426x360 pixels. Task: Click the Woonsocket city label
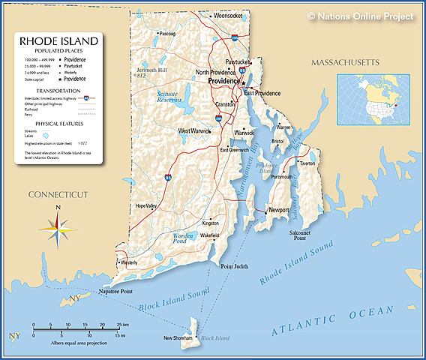pos(228,15)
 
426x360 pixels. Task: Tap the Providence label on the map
pos(224,80)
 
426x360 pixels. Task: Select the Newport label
pos(278,211)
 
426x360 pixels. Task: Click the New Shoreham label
pos(178,338)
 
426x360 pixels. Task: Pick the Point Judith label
pos(234,266)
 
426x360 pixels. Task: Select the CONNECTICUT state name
pos(58,194)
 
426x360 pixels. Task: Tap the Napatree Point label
pos(115,291)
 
